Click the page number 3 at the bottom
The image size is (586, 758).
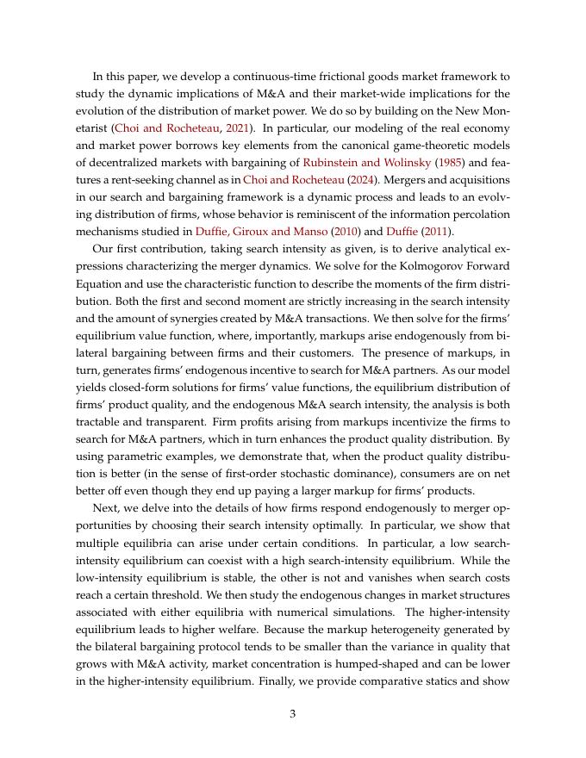coord(293,713)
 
